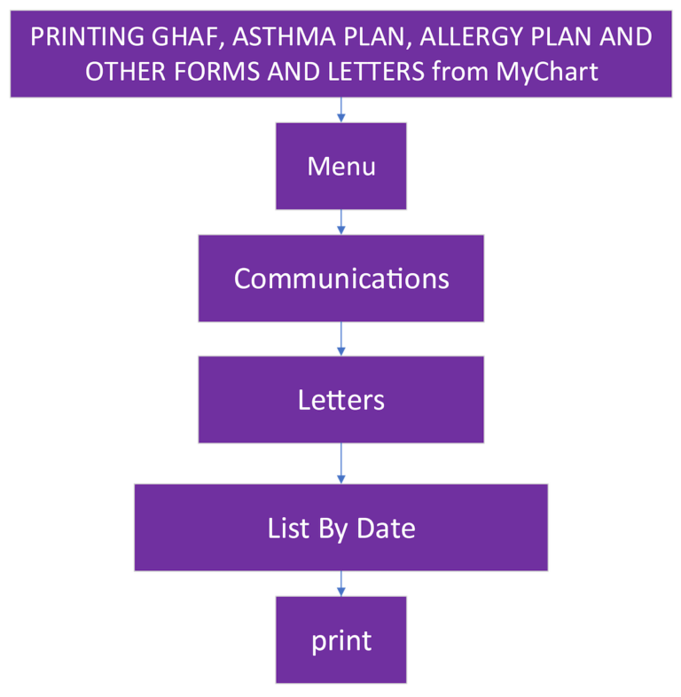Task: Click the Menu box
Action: coord(340,166)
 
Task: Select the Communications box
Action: coord(340,278)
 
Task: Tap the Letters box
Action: coord(340,400)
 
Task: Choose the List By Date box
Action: coord(340,529)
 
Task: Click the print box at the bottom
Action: coord(340,640)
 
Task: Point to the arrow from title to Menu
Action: coord(340,110)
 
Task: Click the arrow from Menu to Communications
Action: coord(340,222)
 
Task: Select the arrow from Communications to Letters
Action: coord(340,339)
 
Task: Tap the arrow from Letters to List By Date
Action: coord(340,463)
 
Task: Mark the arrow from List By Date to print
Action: coord(340,583)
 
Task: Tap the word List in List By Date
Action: coord(287,529)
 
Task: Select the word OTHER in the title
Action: coord(117,71)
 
